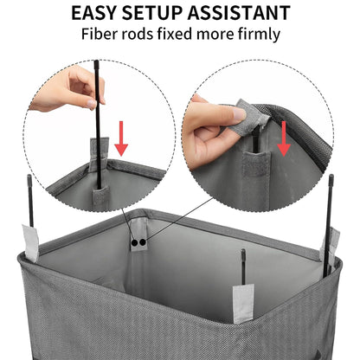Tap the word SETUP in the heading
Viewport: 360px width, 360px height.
(157, 14)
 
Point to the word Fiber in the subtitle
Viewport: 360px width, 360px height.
(102, 35)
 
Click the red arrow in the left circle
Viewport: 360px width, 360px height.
(121, 138)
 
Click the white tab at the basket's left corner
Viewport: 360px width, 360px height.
(30, 242)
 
